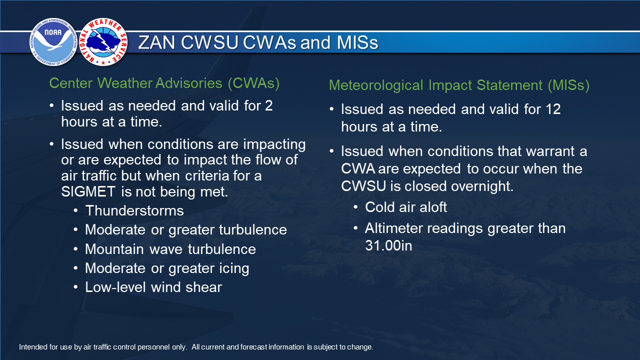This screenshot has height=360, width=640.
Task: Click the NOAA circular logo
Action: point(53,42)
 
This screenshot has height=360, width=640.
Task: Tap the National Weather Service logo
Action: point(103,42)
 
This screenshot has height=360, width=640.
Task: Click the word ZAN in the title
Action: point(156,43)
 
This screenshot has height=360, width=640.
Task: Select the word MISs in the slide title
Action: point(357,43)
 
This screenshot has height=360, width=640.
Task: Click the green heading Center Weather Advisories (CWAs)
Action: point(164,83)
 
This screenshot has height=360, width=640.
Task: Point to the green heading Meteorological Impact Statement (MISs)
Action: point(459,85)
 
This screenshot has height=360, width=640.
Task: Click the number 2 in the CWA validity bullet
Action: point(269,105)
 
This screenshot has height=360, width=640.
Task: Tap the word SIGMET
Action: point(88,191)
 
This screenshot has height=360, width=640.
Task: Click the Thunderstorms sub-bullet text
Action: point(134,211)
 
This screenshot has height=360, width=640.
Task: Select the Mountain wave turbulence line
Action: point(170,249)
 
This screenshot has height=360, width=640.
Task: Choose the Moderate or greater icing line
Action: point(167,268)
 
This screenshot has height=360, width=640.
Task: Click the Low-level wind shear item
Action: point(153,287)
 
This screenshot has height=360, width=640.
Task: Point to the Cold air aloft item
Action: point(406,207)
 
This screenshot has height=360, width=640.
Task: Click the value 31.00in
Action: point(388,245)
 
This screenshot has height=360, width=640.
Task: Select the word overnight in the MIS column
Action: point(482,186)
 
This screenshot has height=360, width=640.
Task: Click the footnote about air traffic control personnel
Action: point(196,347)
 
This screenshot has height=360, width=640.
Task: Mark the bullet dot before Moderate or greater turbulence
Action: point(75,229)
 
